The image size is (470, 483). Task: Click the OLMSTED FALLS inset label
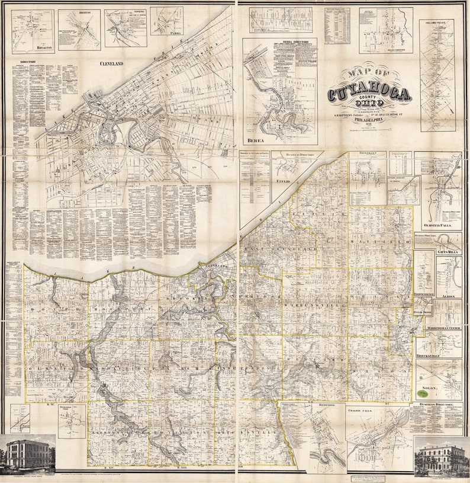pyautogui.click(x=439, y=226)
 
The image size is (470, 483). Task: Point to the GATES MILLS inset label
pyautogui.click(x=449, y=251)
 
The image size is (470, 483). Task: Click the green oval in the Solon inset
pyautogui.click(x=423, y=393)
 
